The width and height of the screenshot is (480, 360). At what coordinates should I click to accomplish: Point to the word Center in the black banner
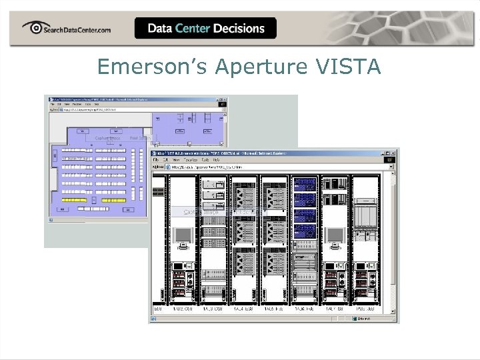tap(192, 28)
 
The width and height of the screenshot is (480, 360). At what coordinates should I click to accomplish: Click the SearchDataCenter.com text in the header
tap(77, 29)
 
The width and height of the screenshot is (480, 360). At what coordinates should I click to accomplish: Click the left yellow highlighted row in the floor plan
tap(75, 200)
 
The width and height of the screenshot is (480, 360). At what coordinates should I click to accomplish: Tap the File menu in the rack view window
tap(155, 160)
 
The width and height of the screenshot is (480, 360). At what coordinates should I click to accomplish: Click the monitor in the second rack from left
tap(181, 235)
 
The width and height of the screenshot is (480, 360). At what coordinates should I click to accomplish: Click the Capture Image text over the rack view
tap(197, 212)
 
